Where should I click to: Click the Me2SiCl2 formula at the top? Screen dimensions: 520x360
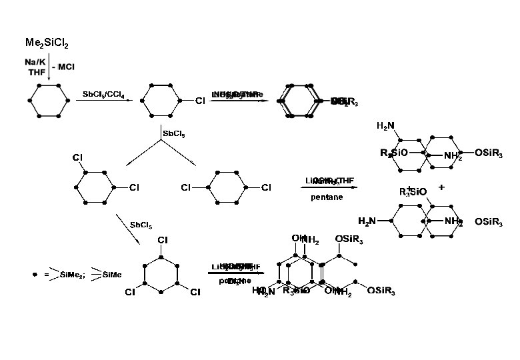coord(46,45)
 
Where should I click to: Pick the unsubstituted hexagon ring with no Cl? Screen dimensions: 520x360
coord(49,101)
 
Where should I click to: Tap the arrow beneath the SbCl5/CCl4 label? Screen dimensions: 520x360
coord(100,101)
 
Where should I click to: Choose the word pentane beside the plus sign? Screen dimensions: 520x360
coord(326,197)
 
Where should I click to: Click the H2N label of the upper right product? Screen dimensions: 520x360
coord(385,127)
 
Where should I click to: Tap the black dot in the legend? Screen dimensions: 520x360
coord(35,274)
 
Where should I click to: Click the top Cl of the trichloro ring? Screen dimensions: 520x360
coord(162,239)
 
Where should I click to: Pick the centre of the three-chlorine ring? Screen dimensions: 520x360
coord(162,271)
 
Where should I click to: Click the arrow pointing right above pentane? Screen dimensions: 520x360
coord(327,188)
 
